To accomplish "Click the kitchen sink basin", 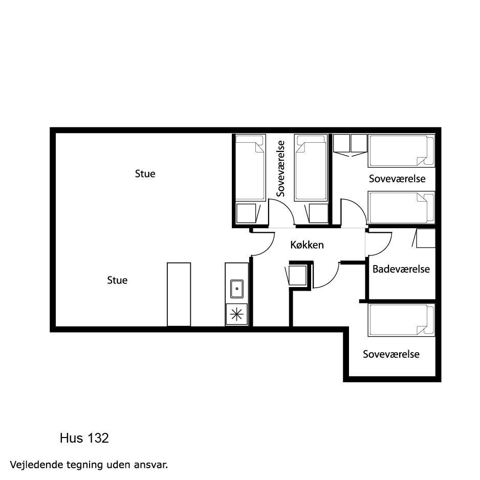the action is (236, 289).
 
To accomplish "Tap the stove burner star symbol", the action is (236, 314).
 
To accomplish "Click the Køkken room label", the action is (307, 245).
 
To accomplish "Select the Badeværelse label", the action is (401, 269).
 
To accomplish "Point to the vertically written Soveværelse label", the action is (280, 168).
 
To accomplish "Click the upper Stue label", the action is (145, 174).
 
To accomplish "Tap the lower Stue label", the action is (117, 280).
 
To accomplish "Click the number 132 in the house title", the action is (98, 438).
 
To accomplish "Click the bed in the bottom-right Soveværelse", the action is (401, 320).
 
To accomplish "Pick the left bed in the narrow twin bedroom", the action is (250, 167).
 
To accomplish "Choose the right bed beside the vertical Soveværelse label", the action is (311, 167).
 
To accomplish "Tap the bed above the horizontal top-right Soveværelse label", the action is (401, 151).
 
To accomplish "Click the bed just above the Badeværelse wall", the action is (401, 208).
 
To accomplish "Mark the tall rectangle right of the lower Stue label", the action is (179, 294).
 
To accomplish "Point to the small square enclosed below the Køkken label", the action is (297, 275).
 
